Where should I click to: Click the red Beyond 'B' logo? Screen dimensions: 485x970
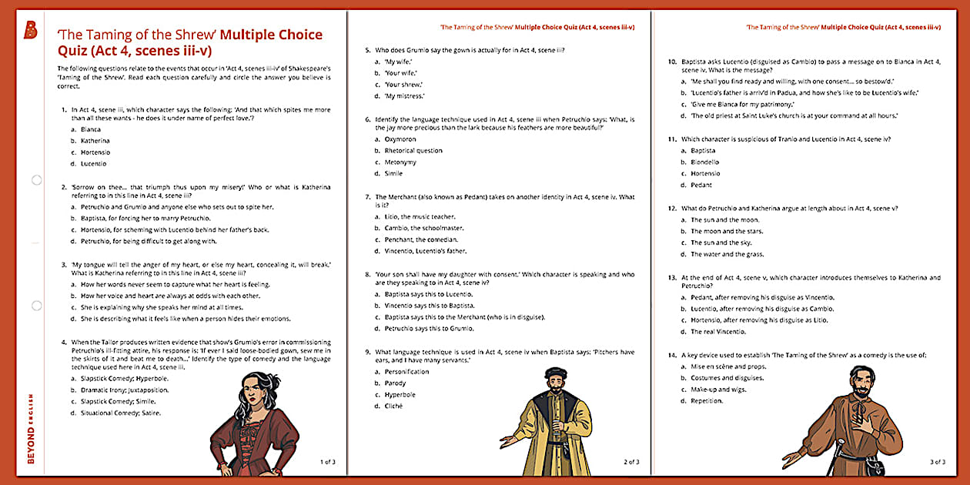click(31, 30)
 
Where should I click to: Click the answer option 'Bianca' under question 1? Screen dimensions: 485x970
click(91, 129)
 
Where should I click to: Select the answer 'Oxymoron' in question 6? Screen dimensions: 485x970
click(400, 139)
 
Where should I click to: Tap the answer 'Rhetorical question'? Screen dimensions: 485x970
click(413, 151)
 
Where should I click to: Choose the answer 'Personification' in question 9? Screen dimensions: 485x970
click(406, 372)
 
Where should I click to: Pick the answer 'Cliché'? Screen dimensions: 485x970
click(393, 406)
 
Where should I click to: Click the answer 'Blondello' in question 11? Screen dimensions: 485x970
click(704, 162)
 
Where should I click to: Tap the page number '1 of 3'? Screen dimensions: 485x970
click(327, 462)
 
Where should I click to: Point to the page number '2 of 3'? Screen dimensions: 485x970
click(631, 462)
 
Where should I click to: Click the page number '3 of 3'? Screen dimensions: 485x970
click(937, 462)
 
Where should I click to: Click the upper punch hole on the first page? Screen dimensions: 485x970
click(36, 180)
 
